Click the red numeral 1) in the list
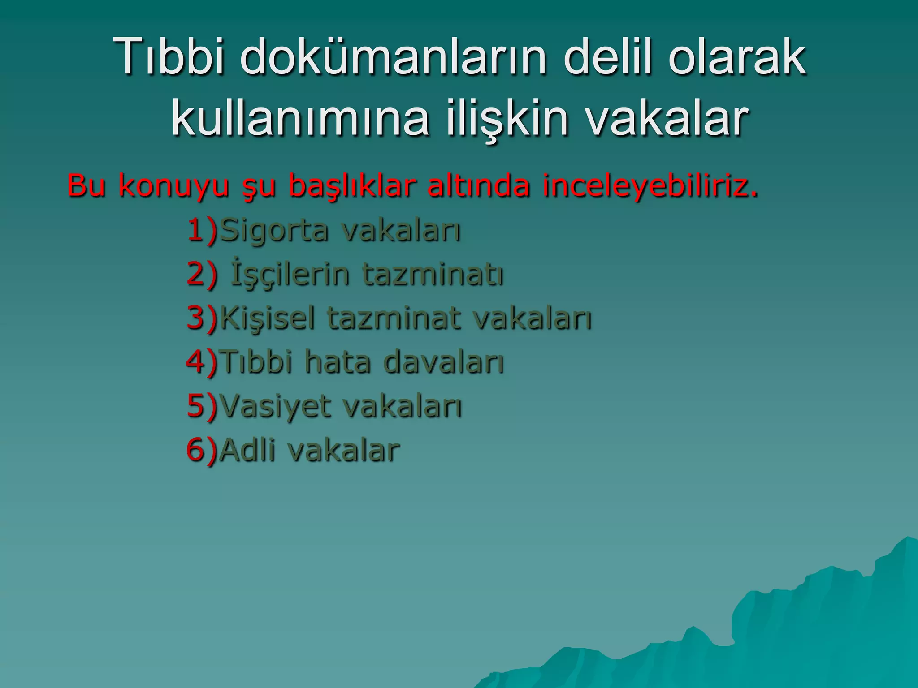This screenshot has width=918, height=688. click(x=202, y=230)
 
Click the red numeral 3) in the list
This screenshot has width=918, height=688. click(x=202, y=318)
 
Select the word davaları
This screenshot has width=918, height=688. click(x=444, y=361)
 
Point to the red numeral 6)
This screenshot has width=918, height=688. click(x=202, y=449)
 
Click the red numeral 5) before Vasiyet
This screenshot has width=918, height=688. click(x=202, y=405)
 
